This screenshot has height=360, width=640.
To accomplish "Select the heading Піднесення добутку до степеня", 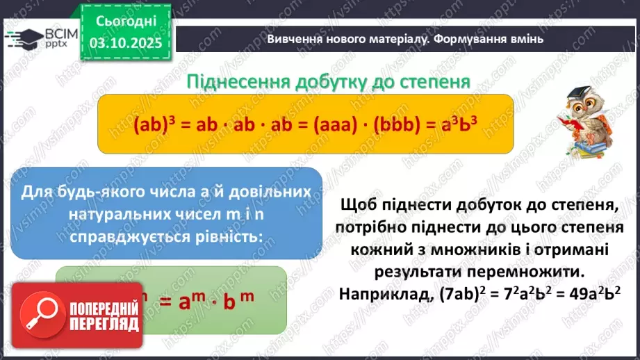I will point(329,81).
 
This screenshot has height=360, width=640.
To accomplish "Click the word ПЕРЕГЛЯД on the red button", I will point(104,324).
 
